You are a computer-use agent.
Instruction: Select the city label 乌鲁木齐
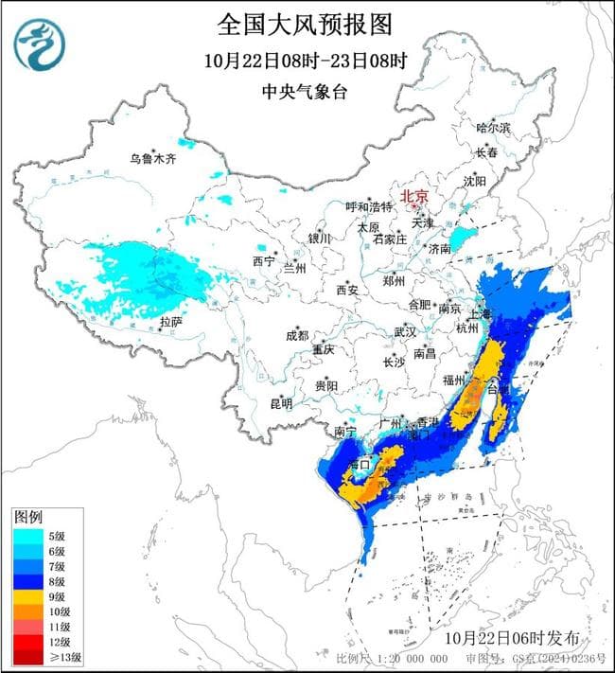[153, 158]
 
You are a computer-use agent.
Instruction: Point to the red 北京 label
[414, 197]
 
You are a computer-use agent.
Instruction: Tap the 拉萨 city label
[170, 322]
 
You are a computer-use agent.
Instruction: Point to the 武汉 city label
[405, 332]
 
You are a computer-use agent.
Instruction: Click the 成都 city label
[296, 335]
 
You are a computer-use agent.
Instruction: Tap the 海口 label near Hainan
[358, 466]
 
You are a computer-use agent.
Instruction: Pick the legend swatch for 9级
[26, 598]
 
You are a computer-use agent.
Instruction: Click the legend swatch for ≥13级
[26, 655]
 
